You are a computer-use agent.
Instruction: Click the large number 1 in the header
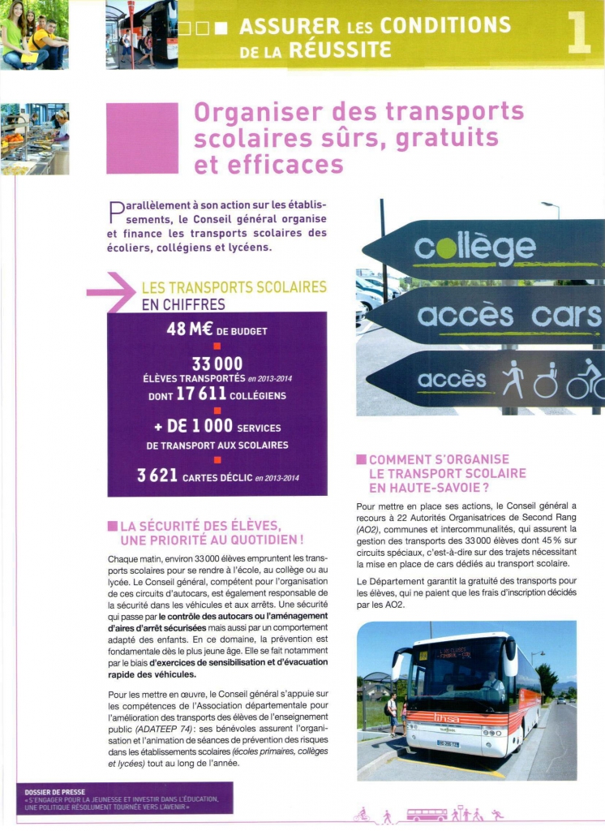pyautogui.click(x=579, y=33)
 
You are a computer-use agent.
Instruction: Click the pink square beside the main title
pyautogui.click(x=142, y=138)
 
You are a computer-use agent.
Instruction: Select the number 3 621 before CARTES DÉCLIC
pyautogui.click(x=157, y=475)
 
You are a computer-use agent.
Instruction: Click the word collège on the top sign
pyautogui.click(x=474, y=249)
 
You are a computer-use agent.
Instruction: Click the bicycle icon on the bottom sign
pyautogui.click(x=585, y=381)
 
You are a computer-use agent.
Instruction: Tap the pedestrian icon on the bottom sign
pyautogui.click(x=513, y=379)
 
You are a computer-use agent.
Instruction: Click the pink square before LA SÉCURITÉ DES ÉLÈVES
pyautogui.click(x=112, y=527)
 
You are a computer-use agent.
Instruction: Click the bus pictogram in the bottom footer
pyautogui.click(x=426, y=814)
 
